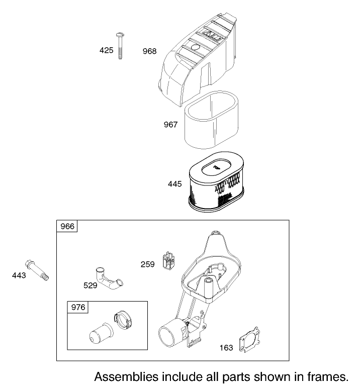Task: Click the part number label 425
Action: click(106, 50)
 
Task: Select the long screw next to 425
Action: click(120, 46)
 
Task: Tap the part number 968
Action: click(149, 51)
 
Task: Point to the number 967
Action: click(170, 124)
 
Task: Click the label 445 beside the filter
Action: click(174, 184)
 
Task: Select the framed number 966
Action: click(67, 226)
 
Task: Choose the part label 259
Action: click(147, 264)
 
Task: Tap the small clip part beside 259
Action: click(168, 261)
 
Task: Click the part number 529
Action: click(91, 285)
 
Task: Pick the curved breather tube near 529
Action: click(109, 279)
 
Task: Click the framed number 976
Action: click(78, 308)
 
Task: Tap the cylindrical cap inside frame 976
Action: click(101, 334)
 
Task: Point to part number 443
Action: click(19, 275)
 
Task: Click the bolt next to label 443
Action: click(37, 270)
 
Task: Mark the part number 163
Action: click(226, 348)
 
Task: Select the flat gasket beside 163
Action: click(250, 340)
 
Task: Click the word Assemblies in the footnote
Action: click(126, 377)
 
